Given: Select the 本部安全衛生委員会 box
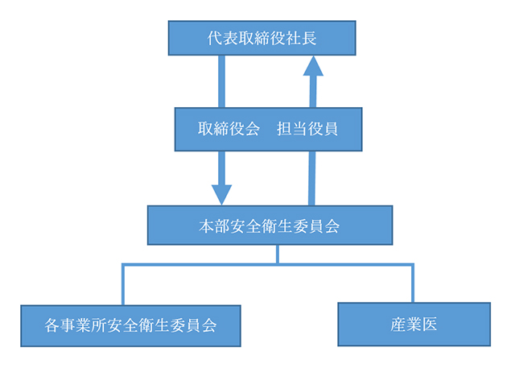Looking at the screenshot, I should (x=270, y=225).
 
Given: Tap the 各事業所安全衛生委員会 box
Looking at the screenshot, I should (x=130, y=325).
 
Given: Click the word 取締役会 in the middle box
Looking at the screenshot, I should (x=229, y=129).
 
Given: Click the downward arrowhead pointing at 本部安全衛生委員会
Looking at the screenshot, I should (x=221, y=193).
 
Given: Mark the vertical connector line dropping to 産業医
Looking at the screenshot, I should (x=413, y=283).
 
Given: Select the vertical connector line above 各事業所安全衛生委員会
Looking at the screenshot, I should (x=123, y=283).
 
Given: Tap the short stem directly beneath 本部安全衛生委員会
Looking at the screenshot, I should (x=278, y=254).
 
